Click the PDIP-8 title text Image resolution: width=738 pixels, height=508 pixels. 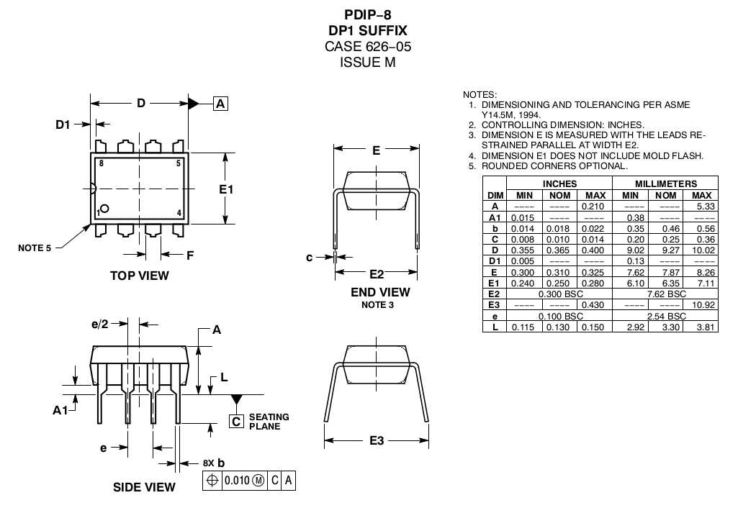[x=368, y=14]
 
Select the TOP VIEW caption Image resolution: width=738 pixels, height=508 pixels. [x=140, y=275]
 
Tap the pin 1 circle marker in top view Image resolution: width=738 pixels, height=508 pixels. [x=105, y=209]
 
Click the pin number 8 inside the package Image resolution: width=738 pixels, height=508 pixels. [x=102, y=163]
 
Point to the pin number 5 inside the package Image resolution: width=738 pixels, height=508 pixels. [x=178, y=163]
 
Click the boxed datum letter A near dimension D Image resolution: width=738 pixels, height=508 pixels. [x=220, y=104]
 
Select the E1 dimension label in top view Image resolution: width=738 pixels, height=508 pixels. [x=226, y=189]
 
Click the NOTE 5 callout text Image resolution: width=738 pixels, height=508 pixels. [x=35, y=248]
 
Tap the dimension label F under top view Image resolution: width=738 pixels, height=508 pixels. [x=190, y=255]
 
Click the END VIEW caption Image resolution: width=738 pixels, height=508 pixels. [x=380, y=292]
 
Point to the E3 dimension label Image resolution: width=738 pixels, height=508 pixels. [x=377, y=440]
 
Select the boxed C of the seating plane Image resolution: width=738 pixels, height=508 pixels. [x=236, y=422]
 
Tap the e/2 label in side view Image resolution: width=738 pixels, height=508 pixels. [x=101, y=325]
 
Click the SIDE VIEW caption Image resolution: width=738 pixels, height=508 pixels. [x=144, y=487]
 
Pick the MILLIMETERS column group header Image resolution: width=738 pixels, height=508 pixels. [x=665, y=184]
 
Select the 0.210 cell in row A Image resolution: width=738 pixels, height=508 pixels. [x=595, y=207]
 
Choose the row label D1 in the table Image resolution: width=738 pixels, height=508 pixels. [x=495, y=260]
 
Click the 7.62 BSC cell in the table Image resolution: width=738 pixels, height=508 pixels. [x=665, y=294]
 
